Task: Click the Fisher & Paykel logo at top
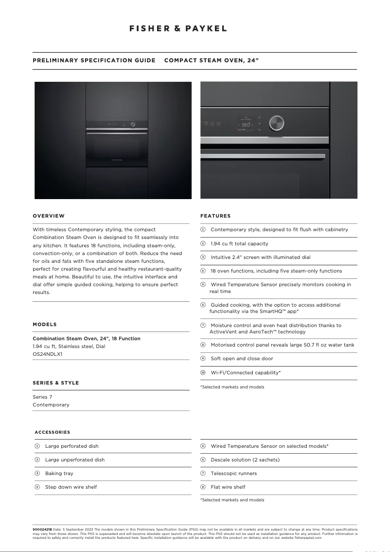tap(178, 29)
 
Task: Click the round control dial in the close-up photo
tap(276, 123)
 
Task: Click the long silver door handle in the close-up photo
tap(263, 156)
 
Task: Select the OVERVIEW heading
tap(49, 216)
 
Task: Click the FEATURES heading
tap(215, 216)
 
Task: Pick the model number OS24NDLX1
tap(47, 354)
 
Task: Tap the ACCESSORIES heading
tap(53, 432)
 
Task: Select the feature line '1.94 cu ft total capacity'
tap(239, 243)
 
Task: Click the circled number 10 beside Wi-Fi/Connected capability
tap(203, 372)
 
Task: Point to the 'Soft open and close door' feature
tap(242, 358)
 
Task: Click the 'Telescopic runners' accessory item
tap(233, 473)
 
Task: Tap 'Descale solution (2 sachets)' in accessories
tap(245, 460)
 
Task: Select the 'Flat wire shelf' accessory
tap(228, 487)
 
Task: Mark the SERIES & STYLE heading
tap(55, 383)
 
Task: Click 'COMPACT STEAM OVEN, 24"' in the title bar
tap(212, 60)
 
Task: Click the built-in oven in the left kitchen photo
tap(117, 143)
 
